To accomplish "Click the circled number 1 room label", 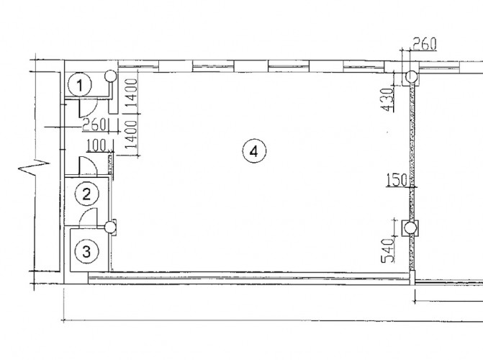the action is click(x=80, y=85).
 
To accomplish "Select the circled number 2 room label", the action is click(x=87, y=194).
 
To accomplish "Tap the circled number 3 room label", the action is click(x=87, y=251).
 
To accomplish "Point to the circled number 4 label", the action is click(x=254, y=151).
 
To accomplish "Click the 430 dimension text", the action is click(x=387, y=99).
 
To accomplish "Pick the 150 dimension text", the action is click(x=397, y=180).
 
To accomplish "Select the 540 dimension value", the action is click(x=388, y=251).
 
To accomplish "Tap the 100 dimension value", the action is click(x=96, y=145).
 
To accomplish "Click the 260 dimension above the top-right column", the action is click(x=425, y=44).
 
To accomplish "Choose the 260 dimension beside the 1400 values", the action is click(x=94, y=125).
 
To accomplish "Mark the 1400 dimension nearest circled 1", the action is click(x=132, y=92).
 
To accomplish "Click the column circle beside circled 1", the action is click(x=111, y=76).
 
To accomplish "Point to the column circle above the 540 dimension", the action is click(x=410, y=228).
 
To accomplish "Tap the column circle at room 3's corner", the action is click(x=110, y=228).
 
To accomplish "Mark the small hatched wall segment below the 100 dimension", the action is click(x=110, y=167).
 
